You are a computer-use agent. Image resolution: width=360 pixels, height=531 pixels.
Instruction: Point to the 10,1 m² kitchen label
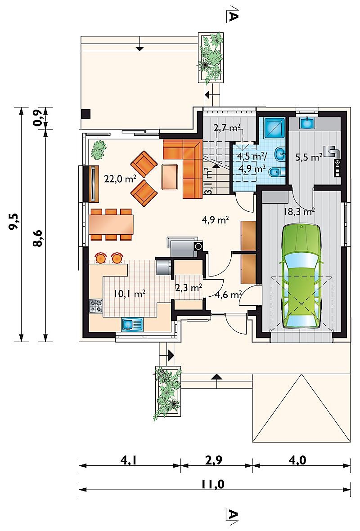click(130, 294)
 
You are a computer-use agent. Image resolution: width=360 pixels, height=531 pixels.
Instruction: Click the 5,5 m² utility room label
click(308, 157)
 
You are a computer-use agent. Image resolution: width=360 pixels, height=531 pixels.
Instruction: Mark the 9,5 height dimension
click(14, 223)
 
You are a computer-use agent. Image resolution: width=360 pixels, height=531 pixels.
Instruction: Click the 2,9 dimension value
click(214, 460)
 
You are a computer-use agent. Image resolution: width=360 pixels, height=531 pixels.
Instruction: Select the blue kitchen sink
click(133, 325)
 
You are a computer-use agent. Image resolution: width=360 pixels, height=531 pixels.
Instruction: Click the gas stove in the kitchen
click(95, 306)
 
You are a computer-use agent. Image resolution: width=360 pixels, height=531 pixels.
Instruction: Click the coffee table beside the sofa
click(170, 176)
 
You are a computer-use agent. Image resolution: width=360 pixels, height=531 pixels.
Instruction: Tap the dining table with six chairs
click(111, 224)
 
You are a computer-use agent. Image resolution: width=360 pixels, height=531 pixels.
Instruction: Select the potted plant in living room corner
click(98, 150)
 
